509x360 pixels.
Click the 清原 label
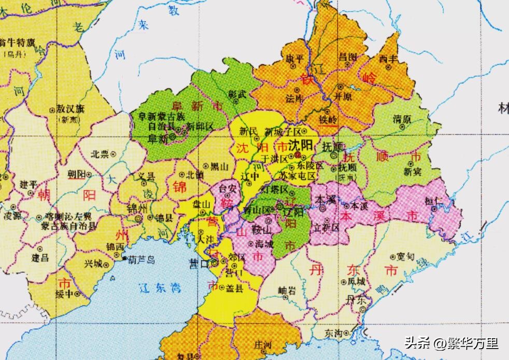pos(402,119)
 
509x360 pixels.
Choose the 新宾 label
pos(413,171)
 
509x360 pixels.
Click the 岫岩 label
pos(287,291)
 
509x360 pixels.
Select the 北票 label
pos(100,154)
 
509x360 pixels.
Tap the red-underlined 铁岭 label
pos(328,119)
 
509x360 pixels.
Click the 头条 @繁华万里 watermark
pos(450,343)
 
